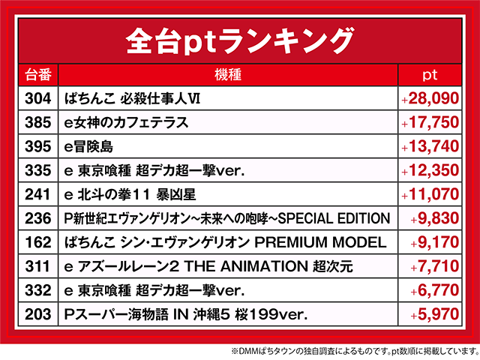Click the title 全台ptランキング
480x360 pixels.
coord(240,41)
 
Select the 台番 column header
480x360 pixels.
coord(38,75)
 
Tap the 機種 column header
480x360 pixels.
coord(228,75)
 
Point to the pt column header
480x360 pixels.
coord(430,75)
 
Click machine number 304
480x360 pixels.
coord(38,98)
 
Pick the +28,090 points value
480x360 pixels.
coord(430,98)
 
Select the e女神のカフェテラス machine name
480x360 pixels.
coord(126,123)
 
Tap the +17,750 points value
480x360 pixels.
coord(430,122)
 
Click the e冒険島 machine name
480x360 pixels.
coord(88,147)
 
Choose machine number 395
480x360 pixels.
coord(38,147)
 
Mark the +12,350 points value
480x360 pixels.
coord(430,170)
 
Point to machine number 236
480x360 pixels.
coord(38,218)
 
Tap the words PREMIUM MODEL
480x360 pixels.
coord(320,242)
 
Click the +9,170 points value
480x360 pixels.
coord(435,242)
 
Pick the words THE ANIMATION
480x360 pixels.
coord(246,266)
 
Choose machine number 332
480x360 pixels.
coord(38,290)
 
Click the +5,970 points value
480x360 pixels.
coord(435,314)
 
